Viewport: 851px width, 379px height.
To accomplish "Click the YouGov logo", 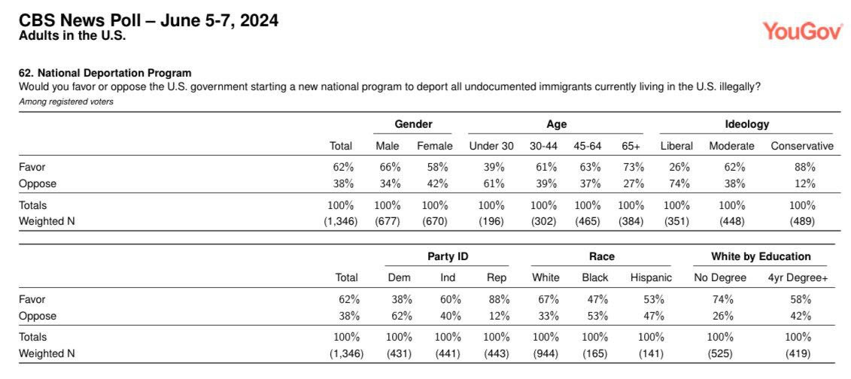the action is [x=804, y=31].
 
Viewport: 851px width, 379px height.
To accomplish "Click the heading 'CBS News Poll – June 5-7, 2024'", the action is [x=149, y=21].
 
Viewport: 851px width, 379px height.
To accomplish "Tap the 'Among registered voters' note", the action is [x=66, y=102].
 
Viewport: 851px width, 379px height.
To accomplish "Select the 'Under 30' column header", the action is [x=491, y=146].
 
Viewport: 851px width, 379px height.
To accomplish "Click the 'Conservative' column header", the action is [x=801, y=146].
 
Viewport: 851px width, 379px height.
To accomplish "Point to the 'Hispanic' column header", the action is [x=651, y=277].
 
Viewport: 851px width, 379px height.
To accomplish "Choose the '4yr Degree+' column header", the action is [x=798, y=277].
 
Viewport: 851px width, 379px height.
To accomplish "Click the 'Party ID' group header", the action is [x=448, y=256].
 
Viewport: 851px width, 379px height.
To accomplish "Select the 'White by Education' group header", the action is [x=761, y=256].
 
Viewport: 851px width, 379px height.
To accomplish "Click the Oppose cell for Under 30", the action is [x=494, y=183].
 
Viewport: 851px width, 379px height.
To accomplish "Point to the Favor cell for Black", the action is [x=597, y=299].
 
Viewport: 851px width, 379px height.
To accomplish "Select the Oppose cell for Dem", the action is [x=402, y=316].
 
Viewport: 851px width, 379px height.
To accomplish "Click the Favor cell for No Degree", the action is [x=722, y=299].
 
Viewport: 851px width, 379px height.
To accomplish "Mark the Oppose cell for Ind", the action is [x=451, y=316].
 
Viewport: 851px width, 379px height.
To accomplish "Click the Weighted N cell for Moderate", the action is [x=734, y=222].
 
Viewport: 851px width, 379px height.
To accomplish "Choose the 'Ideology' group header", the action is [x=747, y=124].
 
